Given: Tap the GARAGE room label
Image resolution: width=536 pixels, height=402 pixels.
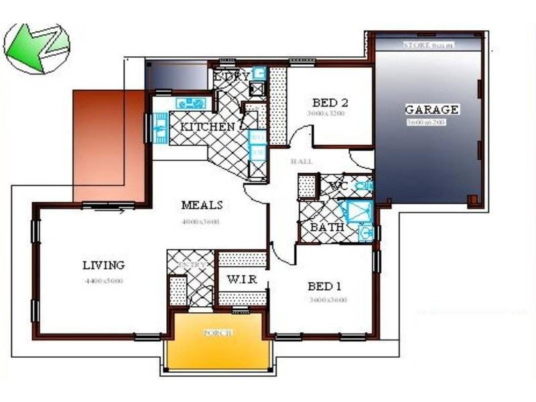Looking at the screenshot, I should pos(431,109).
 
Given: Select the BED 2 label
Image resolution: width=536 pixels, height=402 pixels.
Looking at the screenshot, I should pos(330,103).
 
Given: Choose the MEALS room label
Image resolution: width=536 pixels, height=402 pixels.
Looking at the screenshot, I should pos(201,205).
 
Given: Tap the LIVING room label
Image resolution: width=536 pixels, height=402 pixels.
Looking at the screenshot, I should pos(103,265).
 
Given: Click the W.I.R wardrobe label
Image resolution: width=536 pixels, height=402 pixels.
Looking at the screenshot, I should pos(239,279).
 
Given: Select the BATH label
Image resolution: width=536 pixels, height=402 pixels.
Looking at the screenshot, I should pos(327,228).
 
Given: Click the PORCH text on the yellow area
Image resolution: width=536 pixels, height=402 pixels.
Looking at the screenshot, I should pos(219,333).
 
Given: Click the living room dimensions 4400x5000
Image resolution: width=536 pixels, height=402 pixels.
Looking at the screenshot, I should pos(104,281).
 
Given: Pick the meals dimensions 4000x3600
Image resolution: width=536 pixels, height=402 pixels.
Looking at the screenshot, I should pos(200,221).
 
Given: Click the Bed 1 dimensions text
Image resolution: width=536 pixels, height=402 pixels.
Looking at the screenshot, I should pos(328,300).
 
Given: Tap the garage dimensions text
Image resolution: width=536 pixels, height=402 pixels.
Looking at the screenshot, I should pos(425,123).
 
